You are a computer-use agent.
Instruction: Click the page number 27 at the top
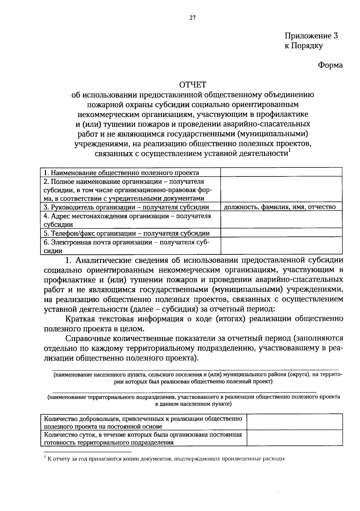coord(192,18)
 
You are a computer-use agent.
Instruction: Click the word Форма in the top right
coord(330,65)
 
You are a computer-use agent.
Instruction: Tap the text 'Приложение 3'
coord(311,36)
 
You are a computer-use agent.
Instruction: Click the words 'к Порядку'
coord(304,46)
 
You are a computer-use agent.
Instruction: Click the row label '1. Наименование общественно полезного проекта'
coord(121,173)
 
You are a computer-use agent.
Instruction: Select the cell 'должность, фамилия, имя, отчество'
coord(280,207)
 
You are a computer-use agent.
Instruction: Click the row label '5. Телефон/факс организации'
coord(127,233)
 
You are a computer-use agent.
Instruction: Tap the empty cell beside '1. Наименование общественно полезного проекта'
coord(281,172)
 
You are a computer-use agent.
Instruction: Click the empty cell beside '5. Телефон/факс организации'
coord(281,233)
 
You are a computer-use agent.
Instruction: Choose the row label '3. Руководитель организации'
coord(126,207)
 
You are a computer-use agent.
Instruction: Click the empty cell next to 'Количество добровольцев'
coord(295,422)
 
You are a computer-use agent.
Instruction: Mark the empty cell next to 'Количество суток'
coord(295,438)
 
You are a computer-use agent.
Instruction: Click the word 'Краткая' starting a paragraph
coord(80,319)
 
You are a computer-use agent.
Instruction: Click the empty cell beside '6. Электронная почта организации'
coord(281,246)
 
